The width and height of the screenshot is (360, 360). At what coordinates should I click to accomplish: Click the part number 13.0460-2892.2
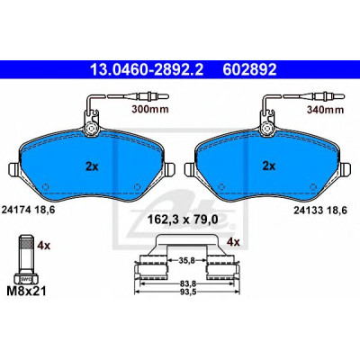coord(147,69)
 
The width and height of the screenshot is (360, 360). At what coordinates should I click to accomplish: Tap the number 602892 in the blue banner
coord(249,69)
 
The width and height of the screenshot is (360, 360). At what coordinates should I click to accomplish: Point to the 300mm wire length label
coord(150,110)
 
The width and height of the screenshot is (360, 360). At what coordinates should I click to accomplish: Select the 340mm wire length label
coord(325,110)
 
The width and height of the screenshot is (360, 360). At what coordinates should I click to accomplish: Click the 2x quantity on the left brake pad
coord(92,166)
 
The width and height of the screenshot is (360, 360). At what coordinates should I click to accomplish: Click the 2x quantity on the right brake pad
coord(269,166)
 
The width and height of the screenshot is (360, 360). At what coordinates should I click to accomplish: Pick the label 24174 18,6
coord(29,210)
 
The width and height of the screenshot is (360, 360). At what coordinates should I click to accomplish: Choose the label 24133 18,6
coord(320,211)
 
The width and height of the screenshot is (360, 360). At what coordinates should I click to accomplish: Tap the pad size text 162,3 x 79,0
coord(183,220)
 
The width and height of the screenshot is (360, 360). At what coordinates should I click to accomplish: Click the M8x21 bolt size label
coord(26,290)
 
